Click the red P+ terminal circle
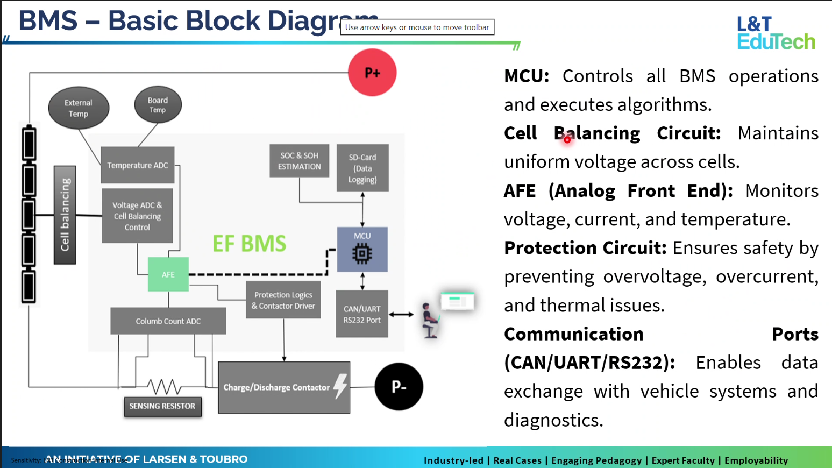372,73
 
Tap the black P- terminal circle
399,387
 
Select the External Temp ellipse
79,108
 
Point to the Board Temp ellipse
158,105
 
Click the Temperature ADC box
138,165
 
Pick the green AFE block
168,274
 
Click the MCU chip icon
362,253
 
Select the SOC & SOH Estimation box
299,161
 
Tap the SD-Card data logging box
362,168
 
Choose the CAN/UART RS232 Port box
362,314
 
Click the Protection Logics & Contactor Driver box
283,300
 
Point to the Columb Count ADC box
168,321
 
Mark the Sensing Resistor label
162,406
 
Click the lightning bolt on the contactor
340,386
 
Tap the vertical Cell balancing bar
65,215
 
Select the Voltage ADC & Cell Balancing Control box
137,216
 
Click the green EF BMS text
249,244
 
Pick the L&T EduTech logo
776,33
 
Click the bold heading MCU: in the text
526,76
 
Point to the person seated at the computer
429,321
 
